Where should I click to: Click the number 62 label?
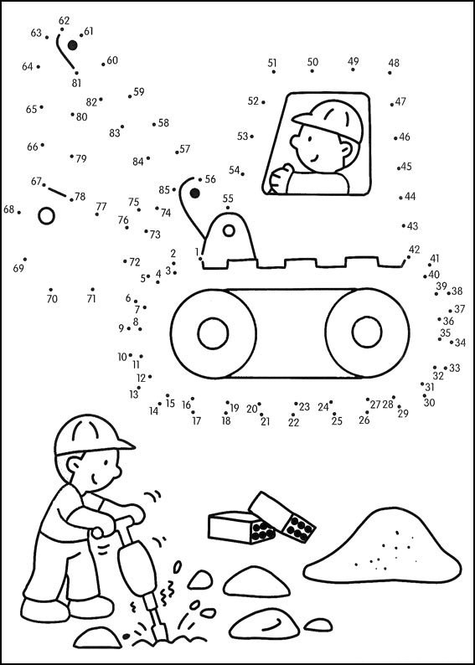click(64, 20)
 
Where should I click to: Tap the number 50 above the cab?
click(312, 62)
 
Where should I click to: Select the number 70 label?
click(52, 300)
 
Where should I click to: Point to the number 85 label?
click(164, 190)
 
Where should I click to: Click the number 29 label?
click(403, 414)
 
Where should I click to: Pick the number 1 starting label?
click(197, 252)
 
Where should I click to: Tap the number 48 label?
click(394, 63)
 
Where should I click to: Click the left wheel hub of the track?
click(213, 333)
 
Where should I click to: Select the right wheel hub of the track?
click(367, 332)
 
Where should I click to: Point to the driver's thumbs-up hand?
click(281, 179)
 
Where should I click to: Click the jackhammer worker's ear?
click(74, 464)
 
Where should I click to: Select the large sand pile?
click(382, 547)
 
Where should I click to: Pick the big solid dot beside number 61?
click(73, 45)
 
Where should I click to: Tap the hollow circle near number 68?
click(46, 216)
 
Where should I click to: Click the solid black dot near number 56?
click(194, 193)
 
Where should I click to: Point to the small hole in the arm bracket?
click(229, 230)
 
